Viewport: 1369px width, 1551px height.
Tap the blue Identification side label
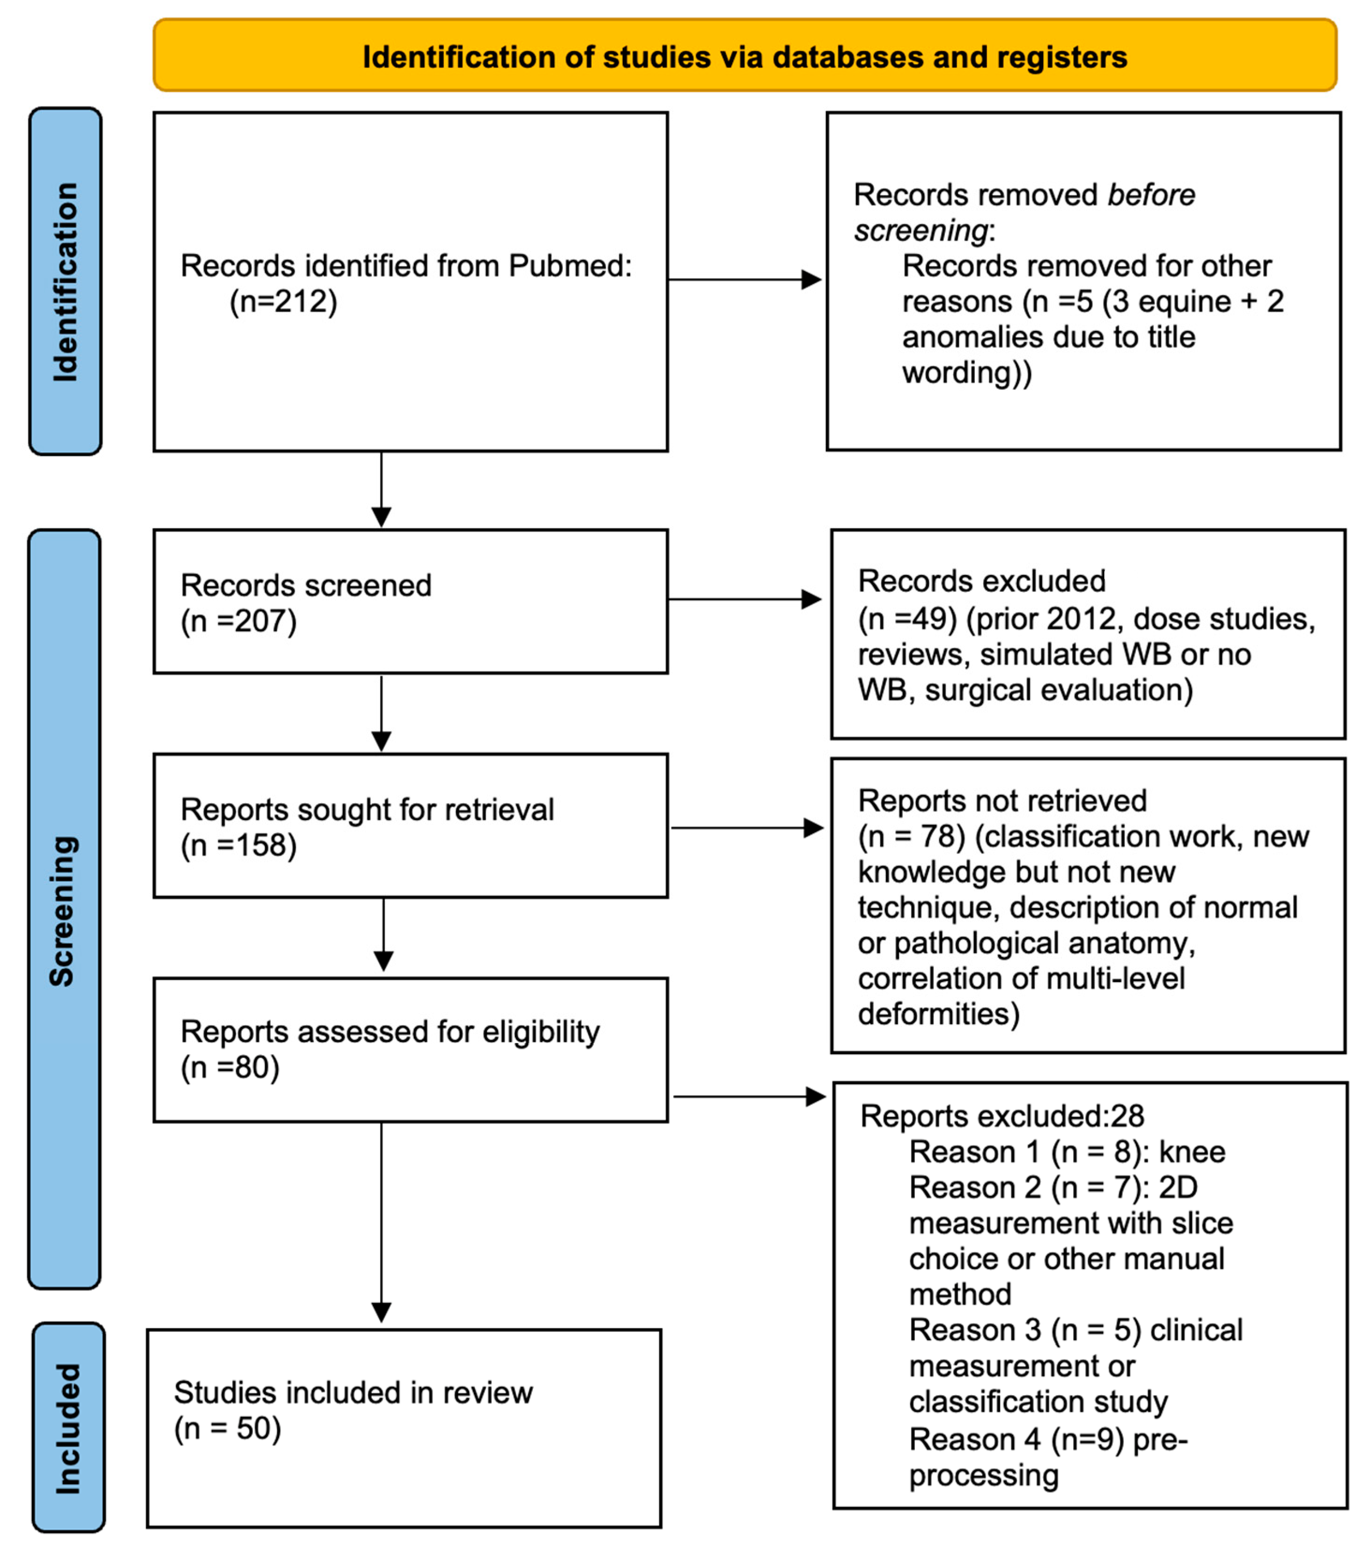pyautogui.click(x=65, y=281)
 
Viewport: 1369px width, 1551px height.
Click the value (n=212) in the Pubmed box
pyautogui.click(x=283, y=302)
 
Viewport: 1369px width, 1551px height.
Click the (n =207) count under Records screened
pyautogui.click(x=238, y=621)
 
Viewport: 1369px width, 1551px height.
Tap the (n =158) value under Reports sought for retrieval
pyautogui.click(x=238, y=845)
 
